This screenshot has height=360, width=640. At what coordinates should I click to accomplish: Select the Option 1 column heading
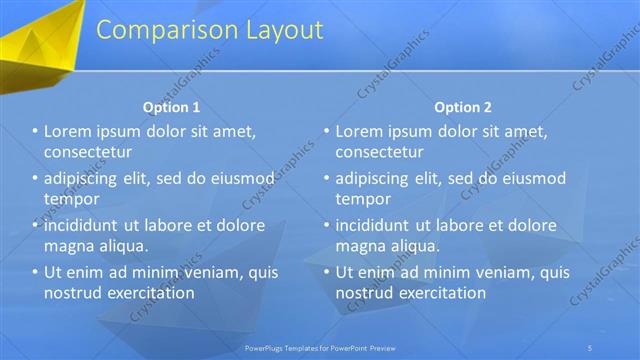click(x=171, y=106)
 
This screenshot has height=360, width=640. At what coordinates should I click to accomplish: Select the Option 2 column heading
click(x=463, y=106)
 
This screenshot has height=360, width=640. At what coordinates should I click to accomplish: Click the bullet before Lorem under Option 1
click(x=35, y=132)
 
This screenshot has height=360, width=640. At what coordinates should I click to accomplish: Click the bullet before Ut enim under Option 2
click(x=326, y=272)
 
